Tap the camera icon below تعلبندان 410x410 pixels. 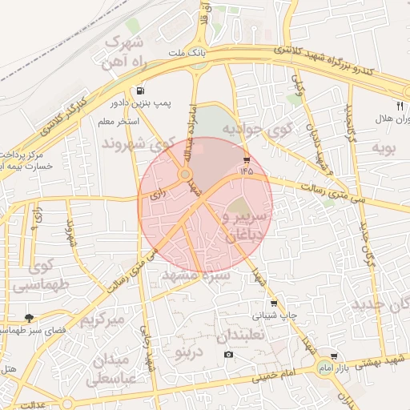[x=229, y=355]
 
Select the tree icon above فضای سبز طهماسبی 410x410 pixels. [x=30, y=318]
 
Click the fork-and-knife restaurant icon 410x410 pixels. [x=400, y=105]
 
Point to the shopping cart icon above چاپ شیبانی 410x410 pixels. [x=275, y=303]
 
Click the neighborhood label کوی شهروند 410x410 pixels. [x=138, y=144]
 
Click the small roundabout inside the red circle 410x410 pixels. [x=185, y=173]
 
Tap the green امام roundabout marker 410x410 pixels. [x=324, y=367]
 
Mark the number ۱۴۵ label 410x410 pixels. [x=245, y=170]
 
